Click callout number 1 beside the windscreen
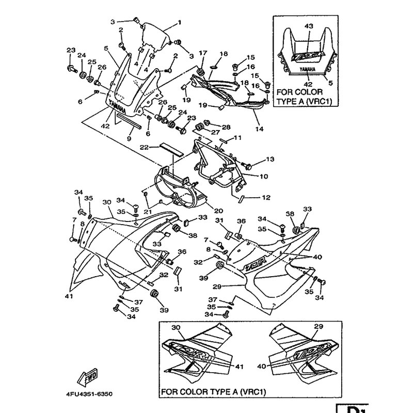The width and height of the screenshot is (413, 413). pyautogui.click(x=180, y=22)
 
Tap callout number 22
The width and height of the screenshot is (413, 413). pyautogui.click(x=145, y=147)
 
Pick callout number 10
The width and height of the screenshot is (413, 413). pyautogui.click(x=263, y=177)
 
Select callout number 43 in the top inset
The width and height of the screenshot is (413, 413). pyautogui.click(x=309, y=26)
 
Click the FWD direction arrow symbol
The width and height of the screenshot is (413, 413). pyautogui.click(x=89, y=374)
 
